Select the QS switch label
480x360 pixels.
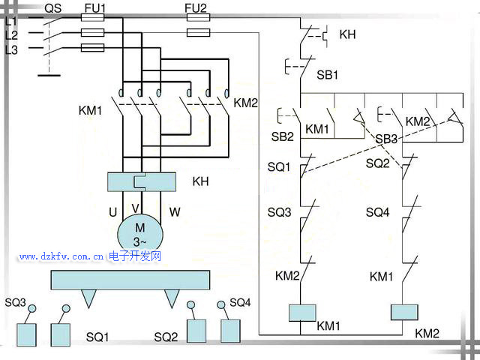(52, 8)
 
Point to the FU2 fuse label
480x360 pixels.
(196, 8)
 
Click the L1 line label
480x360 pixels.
(11, 21)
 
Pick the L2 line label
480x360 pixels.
(11, 34)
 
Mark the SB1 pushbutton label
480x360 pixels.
(328, 76)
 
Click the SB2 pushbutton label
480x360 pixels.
(282, 136)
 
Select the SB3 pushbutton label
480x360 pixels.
(386, 139)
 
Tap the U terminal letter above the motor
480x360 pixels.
(112, 212)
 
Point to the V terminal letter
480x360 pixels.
(135, 208)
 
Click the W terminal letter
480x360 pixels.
(174, 212)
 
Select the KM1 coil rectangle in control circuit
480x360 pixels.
(301, 312)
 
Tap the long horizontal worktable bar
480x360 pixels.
(128, 280)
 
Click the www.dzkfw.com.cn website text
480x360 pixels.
(61, 256)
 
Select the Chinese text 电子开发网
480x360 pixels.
(135, 256)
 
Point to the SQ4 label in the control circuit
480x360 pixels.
(378, 212)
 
